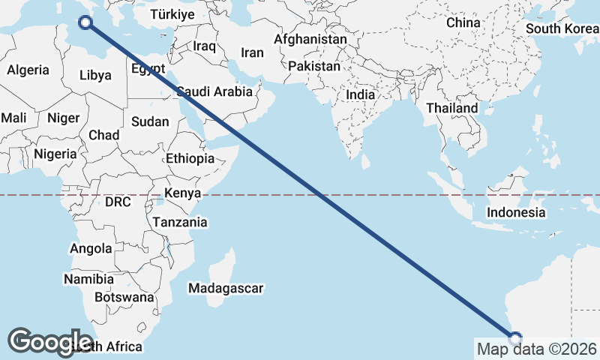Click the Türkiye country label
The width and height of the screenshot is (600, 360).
[x=172, y=14]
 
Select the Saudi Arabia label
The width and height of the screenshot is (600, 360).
[x=214, y=92]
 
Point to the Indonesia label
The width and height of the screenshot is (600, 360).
[x=516, y=212]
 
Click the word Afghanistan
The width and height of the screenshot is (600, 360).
[x=310, y=39]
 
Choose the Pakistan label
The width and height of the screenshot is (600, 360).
[x=314, y=67]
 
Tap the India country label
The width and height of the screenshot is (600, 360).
[x=361, y=95]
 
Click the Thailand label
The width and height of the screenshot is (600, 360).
[x=451, y=108]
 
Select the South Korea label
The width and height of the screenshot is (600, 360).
[x=562, y=28]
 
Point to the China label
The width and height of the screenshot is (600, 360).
[x=463, y=22]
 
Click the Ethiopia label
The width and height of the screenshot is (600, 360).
[x=190, y=159]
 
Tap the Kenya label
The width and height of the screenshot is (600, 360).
[x=182, y=193]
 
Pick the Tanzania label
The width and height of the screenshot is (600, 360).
[x=180, y=223]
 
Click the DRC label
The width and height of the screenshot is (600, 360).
[x=118, y=202]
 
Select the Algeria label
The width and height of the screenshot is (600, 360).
[x=28, y=70]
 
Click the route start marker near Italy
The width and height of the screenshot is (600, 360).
[x=86, y=22]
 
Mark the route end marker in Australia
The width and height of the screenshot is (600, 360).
[x=514, y=337]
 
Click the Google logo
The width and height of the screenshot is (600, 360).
[x=50, y=341]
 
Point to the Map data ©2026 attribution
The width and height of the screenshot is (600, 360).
[x=537, y=349]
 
